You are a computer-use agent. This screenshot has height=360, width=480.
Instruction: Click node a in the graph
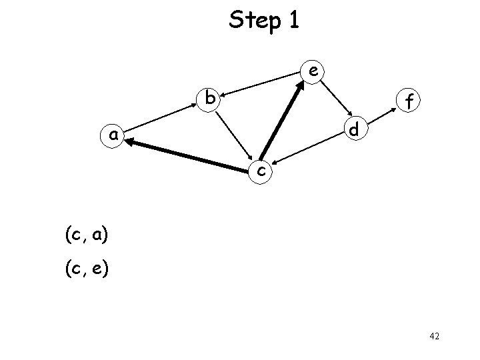(x=114, y=136)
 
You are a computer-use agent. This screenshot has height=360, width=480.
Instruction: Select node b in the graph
(x=210, y=99)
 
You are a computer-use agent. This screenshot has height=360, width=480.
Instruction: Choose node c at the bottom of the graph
(x=262, y=171)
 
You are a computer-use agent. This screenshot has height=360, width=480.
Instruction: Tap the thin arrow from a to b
(x=162, y=118)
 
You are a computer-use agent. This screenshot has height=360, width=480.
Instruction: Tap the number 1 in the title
(x=293, y=21)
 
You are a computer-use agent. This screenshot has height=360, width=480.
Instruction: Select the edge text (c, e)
(x=87, y=269)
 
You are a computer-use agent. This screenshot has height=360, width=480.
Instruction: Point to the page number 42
(x=434, y=337)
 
